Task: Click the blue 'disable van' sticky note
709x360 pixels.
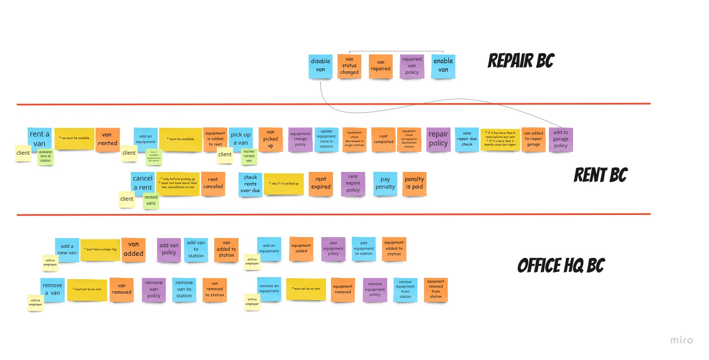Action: pos(320,66)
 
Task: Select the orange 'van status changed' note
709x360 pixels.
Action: pos(349,66)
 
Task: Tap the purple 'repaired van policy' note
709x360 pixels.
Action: pos(412,66)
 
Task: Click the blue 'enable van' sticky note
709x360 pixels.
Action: pos(443,66)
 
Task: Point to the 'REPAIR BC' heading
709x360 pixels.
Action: pos(521,61)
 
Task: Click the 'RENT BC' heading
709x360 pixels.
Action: pos(600,175)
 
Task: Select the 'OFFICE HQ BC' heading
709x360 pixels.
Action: pos(561,266)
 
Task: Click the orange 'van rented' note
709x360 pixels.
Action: pos(107,140)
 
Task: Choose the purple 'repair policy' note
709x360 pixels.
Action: pos(438,139)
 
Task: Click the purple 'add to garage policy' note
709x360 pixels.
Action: pos(560,140)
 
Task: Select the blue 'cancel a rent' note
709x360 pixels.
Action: pos(143,183)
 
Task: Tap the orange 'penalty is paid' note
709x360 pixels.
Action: pos(414,184)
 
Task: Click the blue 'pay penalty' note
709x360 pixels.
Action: pos(385,184)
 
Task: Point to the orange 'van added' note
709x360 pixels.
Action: pos(133,250)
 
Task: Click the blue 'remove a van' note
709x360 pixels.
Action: pos(53,290)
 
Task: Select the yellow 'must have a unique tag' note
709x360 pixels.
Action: pos(100,250)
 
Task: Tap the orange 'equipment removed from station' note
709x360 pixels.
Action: pos(436,290)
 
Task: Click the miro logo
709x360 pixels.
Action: pos(681,340)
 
